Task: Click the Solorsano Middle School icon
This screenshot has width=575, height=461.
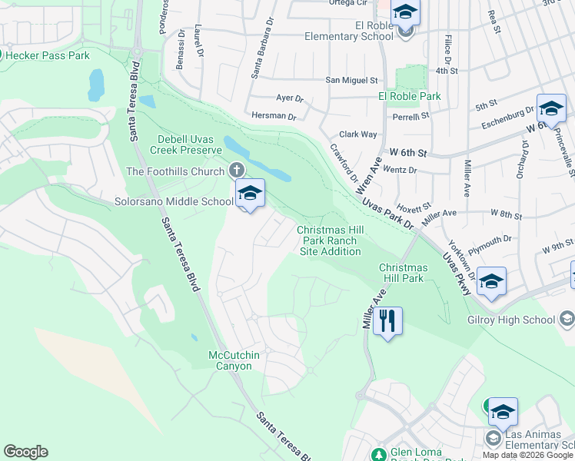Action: (x=250, y=194)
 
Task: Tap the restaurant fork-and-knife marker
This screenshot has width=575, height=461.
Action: (x=388, y=320)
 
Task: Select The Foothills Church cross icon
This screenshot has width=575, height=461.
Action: (x=237, y=171)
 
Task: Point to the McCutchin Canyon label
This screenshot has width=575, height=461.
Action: (x=231, y=360)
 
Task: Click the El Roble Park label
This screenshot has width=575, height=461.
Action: (x=410, y=96)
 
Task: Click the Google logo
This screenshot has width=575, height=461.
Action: (x=25, y=452)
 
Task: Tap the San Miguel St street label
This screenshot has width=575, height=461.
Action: (x=352, y=80)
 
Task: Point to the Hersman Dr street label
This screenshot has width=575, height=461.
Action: (x=274, y=116)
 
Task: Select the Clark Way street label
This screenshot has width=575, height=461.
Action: (x=358, y=134)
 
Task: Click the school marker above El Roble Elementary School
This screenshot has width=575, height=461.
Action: (x=405, y=13)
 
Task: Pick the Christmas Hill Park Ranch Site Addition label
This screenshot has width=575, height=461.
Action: (x=329, y=240)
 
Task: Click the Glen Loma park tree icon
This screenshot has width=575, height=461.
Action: (x=377, y=454)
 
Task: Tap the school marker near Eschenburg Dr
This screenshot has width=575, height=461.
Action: (x=551, y=110)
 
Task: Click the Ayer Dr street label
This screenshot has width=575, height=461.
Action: (x=290, y=99)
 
